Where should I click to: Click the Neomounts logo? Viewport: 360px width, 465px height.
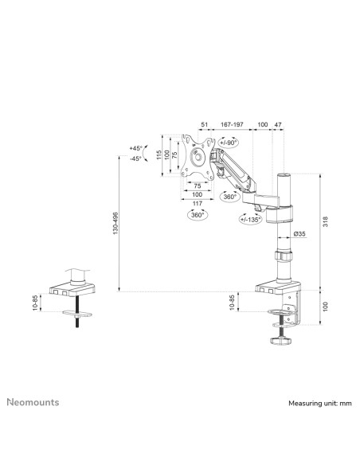pos(33,402)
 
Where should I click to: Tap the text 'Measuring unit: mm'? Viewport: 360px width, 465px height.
pos(320,404)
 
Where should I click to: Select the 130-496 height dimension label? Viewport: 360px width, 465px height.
pos(115,223)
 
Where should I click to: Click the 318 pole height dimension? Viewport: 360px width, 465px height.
pos(326,222)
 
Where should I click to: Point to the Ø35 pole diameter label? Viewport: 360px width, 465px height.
pos(299,234)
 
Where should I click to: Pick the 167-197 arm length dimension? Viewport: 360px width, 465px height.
pos(232,124)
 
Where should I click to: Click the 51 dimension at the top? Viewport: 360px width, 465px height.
pos(205,124)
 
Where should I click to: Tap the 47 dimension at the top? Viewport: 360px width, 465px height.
pos(278,124)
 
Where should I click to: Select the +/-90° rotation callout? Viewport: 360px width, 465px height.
pos(229,143)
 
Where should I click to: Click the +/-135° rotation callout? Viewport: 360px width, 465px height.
pos(251,219)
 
